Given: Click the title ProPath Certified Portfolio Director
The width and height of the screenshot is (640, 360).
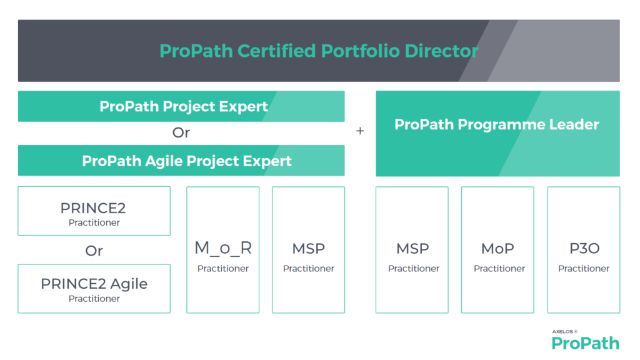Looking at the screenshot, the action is (x=319, y=51).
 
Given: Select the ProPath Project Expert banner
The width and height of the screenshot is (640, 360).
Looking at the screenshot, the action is (x=181, y=106).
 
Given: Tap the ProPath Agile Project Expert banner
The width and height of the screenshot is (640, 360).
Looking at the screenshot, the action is (x=181, y=161).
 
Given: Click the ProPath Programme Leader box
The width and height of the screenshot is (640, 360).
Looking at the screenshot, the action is (x=497, y=134).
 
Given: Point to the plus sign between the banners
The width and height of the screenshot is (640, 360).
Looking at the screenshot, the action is (x=360, y=131).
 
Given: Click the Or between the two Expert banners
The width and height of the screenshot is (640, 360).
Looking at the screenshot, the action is (x=181, y=132).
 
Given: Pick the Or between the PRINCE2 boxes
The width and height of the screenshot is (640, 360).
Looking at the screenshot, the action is (x=94, y=251).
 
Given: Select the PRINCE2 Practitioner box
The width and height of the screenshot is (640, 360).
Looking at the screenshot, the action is (x=94, y=211).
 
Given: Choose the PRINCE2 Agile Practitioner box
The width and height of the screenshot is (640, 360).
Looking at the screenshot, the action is (x=94, y=289).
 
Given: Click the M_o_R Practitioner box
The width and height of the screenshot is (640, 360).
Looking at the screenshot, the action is (x=223, y=250).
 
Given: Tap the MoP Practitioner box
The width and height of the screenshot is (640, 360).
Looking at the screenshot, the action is (x=497, y=250).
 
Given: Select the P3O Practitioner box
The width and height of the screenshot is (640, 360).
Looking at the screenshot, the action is (x=584, y=250).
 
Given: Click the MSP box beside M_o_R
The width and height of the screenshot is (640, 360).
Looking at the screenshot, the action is (x=309, y=250).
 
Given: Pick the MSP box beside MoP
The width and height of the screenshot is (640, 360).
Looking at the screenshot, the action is (x=412, y=250).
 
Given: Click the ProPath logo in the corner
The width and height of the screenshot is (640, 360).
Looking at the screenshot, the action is (x=585, y=343).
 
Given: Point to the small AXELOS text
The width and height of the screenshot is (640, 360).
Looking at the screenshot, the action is (x=563, y=332).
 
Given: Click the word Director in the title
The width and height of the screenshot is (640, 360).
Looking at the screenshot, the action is (x=442, y=51).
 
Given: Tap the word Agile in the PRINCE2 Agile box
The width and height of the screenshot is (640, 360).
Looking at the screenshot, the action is (x=129, y=284).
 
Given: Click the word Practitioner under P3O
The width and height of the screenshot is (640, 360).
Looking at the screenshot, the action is (x=584, y=269).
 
